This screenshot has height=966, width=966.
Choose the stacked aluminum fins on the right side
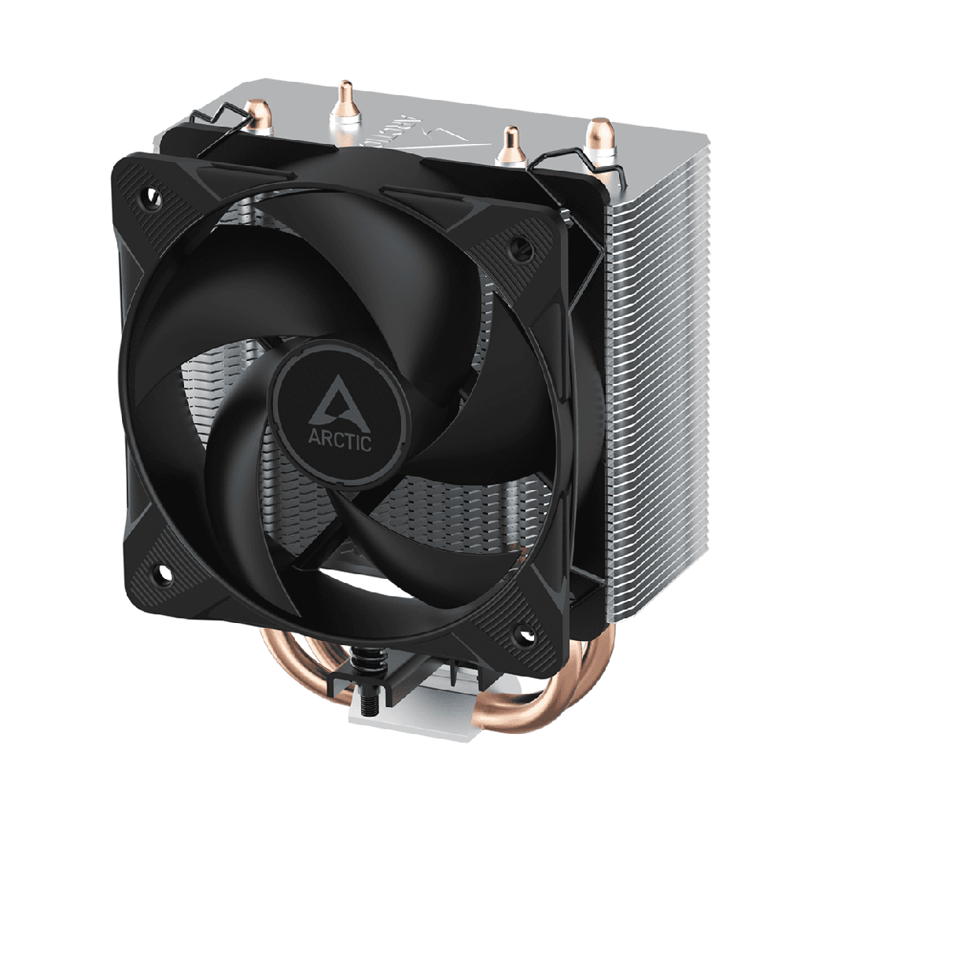(x=653, y=354)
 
